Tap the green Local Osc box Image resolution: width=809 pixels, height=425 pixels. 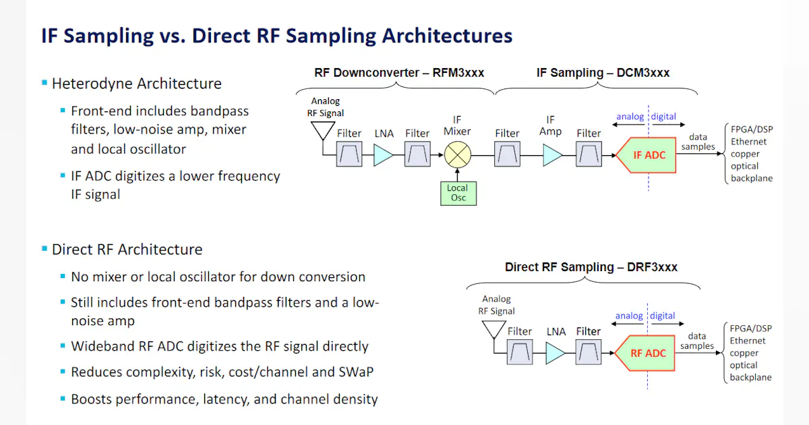pos(456,193)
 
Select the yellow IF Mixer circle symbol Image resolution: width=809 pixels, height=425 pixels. pos(457,156)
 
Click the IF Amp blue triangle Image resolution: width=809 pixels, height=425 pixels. pos(552,156)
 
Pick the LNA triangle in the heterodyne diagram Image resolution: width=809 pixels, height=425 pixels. pos(383,156)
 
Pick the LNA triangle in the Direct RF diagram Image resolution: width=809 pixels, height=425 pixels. pos(555,353)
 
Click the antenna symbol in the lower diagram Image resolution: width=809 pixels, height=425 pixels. pos(492,329)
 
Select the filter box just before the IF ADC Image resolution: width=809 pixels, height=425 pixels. pos(589,156)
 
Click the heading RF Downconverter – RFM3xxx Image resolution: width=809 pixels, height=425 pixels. pos(399,73)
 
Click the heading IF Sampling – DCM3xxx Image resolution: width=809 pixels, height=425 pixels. pos(603,73)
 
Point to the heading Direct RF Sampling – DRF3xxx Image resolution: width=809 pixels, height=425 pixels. pos(591,267)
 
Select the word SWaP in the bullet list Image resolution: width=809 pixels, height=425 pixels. pos(357,372)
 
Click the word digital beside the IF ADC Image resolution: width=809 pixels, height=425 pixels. pos(663,117)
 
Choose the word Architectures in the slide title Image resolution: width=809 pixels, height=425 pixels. pos(447,36)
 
